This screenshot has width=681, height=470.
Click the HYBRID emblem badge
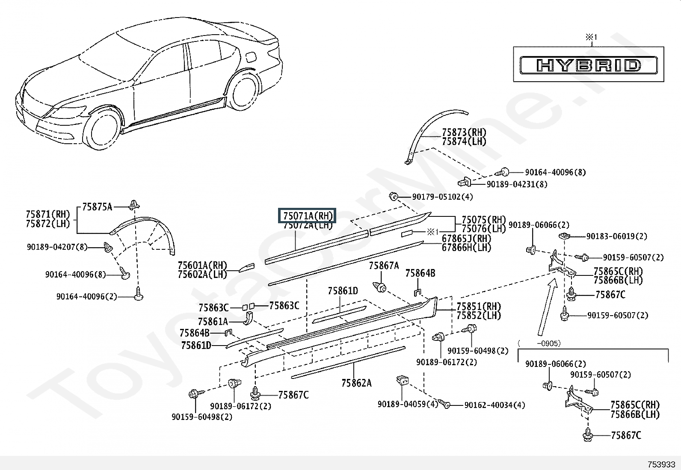pyautogui.click(x=589, y=65)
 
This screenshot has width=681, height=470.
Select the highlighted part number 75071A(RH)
pyautogui.click(x=308, y=216)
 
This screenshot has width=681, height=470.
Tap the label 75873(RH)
pyautogui.click(x=464, y=132)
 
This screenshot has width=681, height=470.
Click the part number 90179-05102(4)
pyautogui.click(x=442, y=197)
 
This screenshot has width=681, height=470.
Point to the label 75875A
pyautogui.click(x=97, y=207)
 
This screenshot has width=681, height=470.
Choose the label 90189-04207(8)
pyautogui.click(x=57, y=247)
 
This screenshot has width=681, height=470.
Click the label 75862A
pyautogui.click(x=356, y=383)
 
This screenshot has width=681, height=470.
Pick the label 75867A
pyautogui.click(x=384, y=266)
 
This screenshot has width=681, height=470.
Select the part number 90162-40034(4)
pyautogui.click(x=494, y=405)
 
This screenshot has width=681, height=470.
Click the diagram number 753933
pyautogui.click(x=661, y=464)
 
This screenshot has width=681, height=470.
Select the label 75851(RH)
pyautogui.click(x=478, y=307)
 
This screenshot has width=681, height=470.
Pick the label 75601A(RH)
pyautogui.click(x=202, y=266)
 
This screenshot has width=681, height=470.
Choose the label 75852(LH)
pyautogui.click(x=478, y=316)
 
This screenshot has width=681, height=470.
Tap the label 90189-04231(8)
pyautogui.click(x=517, y=184)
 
